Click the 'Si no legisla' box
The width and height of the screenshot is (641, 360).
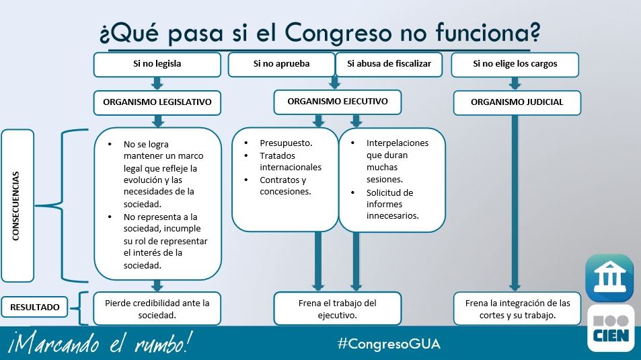point(157,65)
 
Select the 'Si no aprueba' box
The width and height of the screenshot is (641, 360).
point(281,65)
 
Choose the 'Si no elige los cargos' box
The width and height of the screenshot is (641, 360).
point(515,65)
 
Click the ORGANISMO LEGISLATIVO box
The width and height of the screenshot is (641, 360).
point(157,103)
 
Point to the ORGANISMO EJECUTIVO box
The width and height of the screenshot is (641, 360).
point(337,102)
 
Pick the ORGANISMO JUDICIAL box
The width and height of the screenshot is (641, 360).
point(517,103)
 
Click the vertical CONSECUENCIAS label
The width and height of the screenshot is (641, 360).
point(17,205)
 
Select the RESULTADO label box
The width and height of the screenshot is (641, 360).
point(34,308)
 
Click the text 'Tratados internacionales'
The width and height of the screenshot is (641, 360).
point(290,161)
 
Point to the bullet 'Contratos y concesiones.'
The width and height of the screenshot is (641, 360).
point(285,186)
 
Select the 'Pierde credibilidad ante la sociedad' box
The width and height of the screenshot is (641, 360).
point(157,309)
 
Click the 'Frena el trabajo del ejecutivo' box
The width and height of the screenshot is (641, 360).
point(337,309)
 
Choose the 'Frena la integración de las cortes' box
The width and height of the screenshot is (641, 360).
point(517,309)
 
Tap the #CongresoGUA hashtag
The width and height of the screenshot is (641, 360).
point(389,344)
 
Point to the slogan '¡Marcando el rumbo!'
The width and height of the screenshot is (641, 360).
point(101,344)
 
